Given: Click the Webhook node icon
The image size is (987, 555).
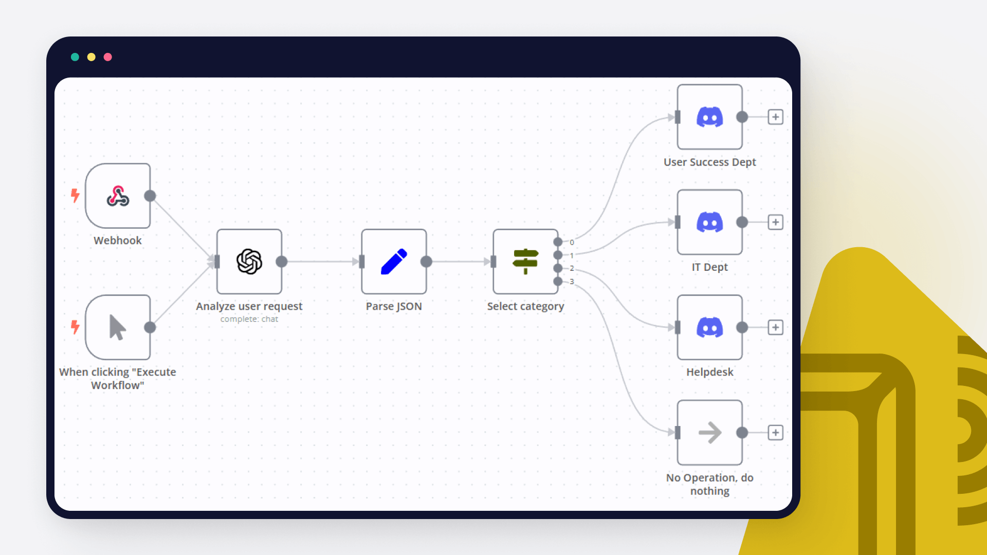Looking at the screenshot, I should pos(118,196).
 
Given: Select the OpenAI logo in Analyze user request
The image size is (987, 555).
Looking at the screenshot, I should pos(249,262).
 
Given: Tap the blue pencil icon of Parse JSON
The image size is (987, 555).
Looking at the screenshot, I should pos(394,262).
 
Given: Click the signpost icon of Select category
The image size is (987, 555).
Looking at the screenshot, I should pos(525,261).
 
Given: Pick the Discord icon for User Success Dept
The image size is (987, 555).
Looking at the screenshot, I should pos(709,117).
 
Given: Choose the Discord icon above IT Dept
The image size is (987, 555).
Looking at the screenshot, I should pos(709,222).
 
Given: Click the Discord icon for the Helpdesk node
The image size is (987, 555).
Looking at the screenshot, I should pos(709,327).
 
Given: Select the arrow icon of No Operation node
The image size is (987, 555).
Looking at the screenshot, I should pos(709,433).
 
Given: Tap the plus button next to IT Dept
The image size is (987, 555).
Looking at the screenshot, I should pos(775,222).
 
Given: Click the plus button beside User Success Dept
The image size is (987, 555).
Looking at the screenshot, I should pos(775,117).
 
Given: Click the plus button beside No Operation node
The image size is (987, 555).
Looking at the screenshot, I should pos(775,433).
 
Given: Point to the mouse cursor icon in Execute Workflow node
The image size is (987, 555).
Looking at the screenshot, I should pos(118,327).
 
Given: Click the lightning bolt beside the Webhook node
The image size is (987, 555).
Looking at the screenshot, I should pos(75,195).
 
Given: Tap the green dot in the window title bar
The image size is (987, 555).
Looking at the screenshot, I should pos(75,57).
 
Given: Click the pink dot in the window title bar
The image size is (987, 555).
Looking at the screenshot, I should pos(108,57).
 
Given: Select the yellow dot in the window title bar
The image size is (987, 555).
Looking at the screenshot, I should pos(92,57).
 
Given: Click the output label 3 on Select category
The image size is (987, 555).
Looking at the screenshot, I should pos(572,282).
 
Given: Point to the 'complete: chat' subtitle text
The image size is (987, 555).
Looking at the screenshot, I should pos(249,319).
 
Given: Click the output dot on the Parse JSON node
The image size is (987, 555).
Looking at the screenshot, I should pos(426,262).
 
